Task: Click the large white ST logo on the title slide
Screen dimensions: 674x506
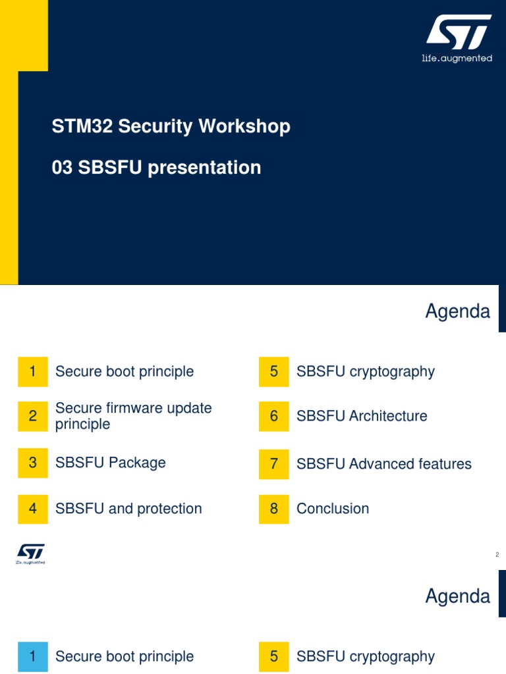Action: click(x=458, y=34)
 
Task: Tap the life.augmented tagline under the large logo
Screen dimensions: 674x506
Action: click(x=457, y=59)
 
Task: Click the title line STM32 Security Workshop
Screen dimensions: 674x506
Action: click(x=171, y=126)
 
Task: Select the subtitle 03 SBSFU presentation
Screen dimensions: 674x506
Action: click(x=156, y=168)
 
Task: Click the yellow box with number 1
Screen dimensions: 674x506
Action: click(x=32, y=372)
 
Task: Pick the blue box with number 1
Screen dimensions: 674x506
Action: click(x=32, y=656)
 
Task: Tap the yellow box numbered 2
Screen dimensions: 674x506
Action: click(x=32, y=416)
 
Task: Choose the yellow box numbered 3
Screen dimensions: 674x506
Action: click(x=32, y=463)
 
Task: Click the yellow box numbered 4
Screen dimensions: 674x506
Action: click(x=32, y=509)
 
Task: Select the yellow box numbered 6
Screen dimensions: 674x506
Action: click(x=274, y=416)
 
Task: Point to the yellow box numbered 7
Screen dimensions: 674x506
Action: click(x=274, y=464)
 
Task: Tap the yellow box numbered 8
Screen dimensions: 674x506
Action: click(x=274, y=509)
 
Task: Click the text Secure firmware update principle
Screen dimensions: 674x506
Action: click(x=133, y=416)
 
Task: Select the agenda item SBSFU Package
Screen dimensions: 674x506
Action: click(x=110, y=463)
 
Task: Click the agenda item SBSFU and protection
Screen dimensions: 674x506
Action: click(x=128, y=509)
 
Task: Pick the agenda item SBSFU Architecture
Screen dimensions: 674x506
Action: click(x=362, y=416)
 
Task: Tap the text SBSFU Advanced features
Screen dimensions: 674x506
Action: click(x=383, y=464)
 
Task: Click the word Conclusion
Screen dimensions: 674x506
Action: click(x=333, y=509)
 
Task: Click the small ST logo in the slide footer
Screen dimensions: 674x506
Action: click(x=30, y=554)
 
